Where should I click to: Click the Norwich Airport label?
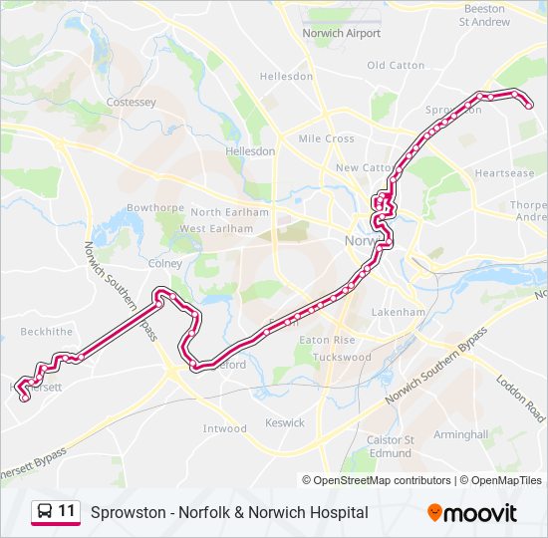pyautogui.click(x=342, y=33)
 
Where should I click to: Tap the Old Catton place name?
pyautogui.click(x=396, y=66)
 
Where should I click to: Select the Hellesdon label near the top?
pyautogui.click(x=286, y=77)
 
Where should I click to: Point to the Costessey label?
pyautogui.click(x=132, y=103)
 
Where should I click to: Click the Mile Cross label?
pyautogui.click(x=326, y=138)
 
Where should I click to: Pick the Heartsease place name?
pyautogui.click(x=504, y=172)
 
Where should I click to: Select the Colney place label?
pyautogui.click(x=164, y=264)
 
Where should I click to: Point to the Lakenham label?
pyautogui.click(x=398, y=312)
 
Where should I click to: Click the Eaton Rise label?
pyautogui.click(x=328, y=340)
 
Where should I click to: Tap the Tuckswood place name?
pyautogui.click(x=342, y=357)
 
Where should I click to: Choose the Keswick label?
pyautogui.click(x=285, y=422)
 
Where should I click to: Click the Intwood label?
pyautogui.click(x=224, y=428)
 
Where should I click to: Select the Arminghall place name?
pyautogui.click(x=460, y=434)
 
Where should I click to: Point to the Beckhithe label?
pyautogui.click(x=46, y=331)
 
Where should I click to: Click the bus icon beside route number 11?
pyautogui.click(x=45, y=512)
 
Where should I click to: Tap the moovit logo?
pyautogui.click(x=472, y=513)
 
